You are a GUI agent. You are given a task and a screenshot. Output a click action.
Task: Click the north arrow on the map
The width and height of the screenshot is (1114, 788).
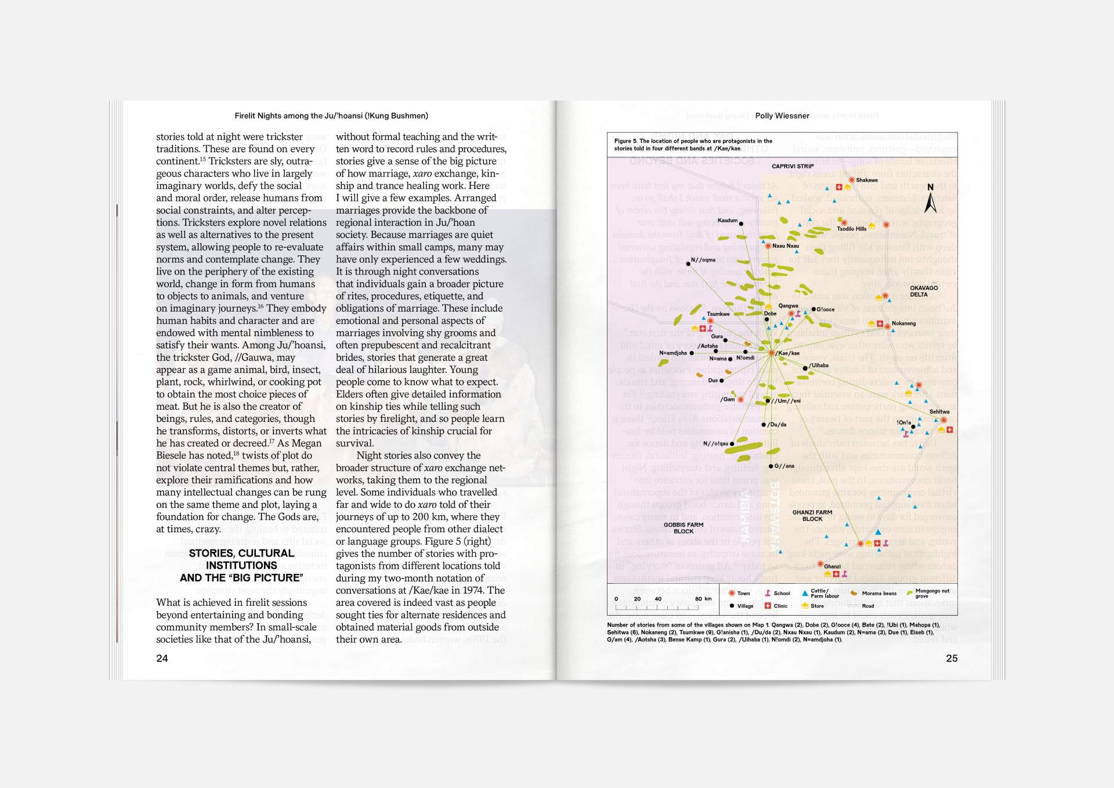[x=930, y=201]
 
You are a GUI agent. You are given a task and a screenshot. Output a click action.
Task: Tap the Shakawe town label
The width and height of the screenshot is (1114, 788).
[x=867, y=180]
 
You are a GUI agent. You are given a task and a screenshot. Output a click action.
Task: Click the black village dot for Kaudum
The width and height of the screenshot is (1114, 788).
[x=741, y=223]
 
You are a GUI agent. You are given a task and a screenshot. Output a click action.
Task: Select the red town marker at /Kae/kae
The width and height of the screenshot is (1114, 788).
[x=772, y=353]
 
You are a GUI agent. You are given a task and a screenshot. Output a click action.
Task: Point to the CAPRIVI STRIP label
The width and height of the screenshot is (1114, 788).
[x=793, y=167]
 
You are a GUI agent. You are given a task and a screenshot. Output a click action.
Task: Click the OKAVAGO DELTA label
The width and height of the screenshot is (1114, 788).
[x=923, y=291]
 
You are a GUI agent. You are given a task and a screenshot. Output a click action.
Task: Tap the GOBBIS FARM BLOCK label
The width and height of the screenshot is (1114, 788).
[x=683, y=528]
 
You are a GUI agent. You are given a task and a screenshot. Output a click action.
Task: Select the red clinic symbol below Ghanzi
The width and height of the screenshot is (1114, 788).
[x=836, y=574]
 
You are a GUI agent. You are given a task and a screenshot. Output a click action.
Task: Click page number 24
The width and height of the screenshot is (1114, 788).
[x=162, y=658]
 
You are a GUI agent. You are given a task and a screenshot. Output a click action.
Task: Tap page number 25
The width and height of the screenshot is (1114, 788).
[x=952, y=658]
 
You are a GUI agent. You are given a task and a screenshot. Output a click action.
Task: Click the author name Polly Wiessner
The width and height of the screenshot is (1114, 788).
[x=782, y=116]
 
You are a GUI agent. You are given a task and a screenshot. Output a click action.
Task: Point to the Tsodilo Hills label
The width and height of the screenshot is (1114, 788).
[x=851, y=229]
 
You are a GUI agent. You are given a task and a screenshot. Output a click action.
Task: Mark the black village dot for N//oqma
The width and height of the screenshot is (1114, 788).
[x=688, y=264]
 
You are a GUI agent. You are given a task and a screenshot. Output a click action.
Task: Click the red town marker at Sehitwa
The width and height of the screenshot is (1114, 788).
[x=943, y=420]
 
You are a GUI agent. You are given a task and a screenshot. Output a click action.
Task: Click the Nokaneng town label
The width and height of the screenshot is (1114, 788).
[x=903, y=323]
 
